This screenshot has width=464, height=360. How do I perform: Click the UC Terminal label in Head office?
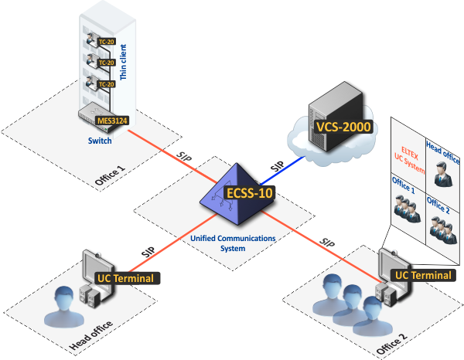click(125, 277)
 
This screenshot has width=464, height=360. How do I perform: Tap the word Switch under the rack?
click(100, 141)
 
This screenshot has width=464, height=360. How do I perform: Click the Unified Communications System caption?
click(232, 243)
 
